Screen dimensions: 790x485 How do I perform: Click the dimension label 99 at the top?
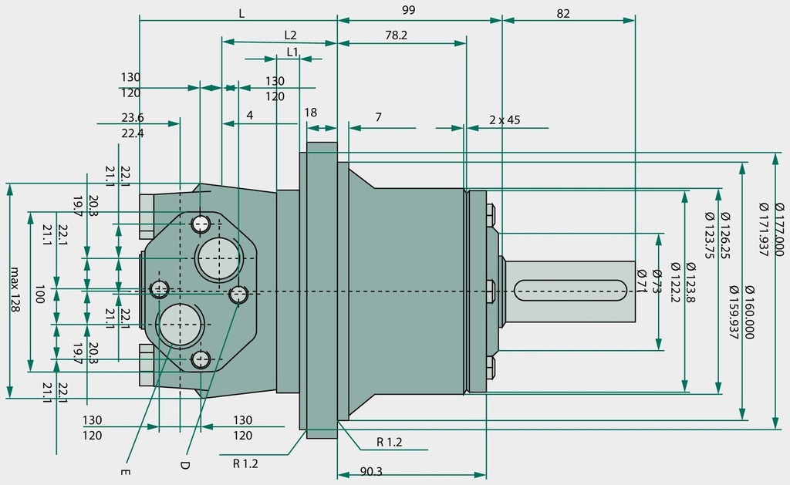(x=409, y=10)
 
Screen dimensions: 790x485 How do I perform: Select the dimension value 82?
(x=562, y=14)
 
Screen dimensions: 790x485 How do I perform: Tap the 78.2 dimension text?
(x=396, y=35)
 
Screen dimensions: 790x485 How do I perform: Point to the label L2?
(x=290, y=35)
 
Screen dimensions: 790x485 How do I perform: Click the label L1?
(x=292, y=52)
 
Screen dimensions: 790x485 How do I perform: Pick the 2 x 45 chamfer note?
(x=505, y=120)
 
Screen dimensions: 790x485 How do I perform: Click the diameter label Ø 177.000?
(x=779, y=229)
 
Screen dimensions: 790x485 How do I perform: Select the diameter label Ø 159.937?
(x=734, y=312)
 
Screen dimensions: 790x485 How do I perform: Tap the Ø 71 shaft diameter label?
(x=641, y=281)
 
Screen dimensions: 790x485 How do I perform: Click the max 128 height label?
(x=15, y=290)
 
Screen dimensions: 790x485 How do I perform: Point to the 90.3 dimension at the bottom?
(x=371, y=471)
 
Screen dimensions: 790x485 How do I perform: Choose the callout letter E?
(x=126, y=472)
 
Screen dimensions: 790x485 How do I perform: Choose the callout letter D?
(x=184, y=465)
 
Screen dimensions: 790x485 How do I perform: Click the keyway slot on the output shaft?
(x=570, y=291)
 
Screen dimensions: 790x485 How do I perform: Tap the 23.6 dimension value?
(x=133, y=117)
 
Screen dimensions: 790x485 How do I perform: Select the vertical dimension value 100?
(x=40, y=294)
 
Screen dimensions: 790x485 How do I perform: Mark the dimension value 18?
(x=311, y=113)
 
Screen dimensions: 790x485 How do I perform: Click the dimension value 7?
(x=378, y=117)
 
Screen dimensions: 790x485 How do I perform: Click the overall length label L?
(x=241, y=14)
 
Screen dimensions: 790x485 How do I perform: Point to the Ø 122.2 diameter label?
(x=676, y=282)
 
